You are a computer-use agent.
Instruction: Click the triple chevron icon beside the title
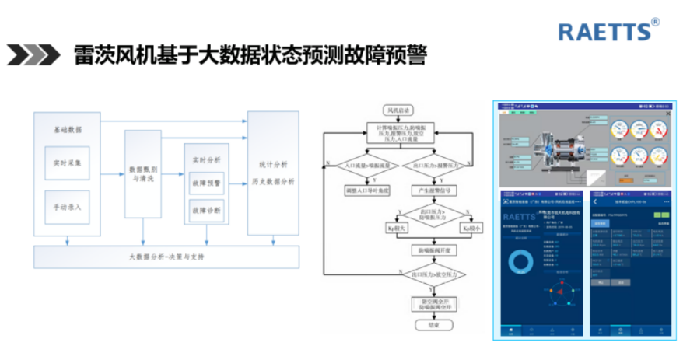(33, 55)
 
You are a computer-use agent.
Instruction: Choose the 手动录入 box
(67, 208)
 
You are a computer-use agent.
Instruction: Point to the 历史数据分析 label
(272, 182)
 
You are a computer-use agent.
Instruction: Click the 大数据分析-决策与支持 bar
(166, 257)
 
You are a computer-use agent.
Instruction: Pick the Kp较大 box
(398, 229)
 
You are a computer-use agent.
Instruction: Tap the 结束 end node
(434, 326)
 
